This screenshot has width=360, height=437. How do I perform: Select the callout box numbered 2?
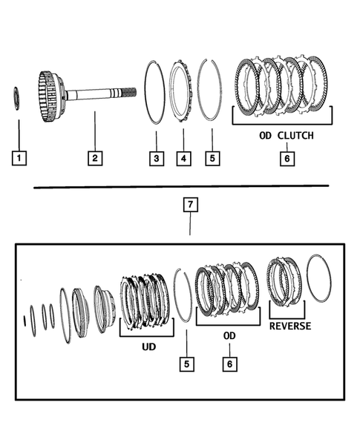(x=94, y=157)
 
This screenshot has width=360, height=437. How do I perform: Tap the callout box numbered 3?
(x=156, y=157)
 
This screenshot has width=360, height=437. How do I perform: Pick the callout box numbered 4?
(x=183, y=157)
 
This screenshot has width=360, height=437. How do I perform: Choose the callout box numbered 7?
(x=191, y=206)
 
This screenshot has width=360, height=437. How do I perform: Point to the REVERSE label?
(x=290, y=326)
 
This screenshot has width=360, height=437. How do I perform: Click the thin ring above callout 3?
(x=156, y=89)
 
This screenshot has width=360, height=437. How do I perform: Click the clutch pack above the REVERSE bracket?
(x=284, y=281)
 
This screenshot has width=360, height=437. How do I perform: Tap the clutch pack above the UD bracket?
(x=145, y=300)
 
